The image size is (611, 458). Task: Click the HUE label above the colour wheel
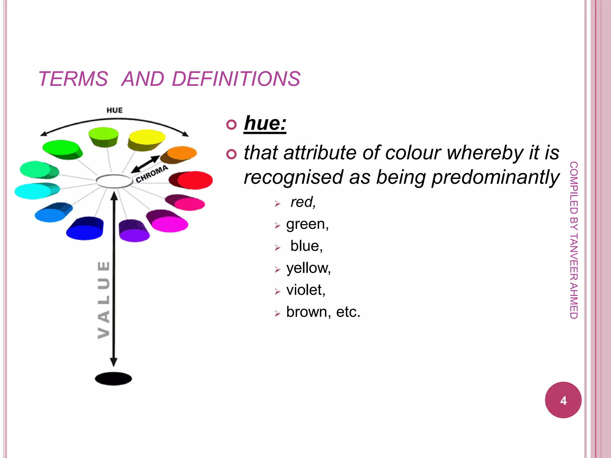(x=115, y=110)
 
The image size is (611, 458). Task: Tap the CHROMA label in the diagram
(x=152, y=174)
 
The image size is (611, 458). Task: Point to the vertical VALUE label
(x=104, y=300)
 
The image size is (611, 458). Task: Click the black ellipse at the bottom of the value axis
(x=113, y=379)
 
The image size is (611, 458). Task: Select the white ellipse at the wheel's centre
(x=114, y=181)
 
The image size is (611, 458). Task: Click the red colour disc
(x=195, y=180)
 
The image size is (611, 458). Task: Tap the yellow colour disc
(x=146, y=137)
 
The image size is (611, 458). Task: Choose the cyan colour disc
(x=33, y=191)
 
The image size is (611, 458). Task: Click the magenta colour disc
(x=170, y=224)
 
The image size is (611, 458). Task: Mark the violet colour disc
(x=134, y=234)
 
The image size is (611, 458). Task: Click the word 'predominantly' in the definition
(x=496, y=177)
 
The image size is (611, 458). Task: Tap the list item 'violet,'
(x=305, y=290)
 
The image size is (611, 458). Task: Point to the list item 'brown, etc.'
(x=323, y=312)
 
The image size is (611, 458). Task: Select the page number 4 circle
(x=563, y=400)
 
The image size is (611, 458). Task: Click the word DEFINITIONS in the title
(x=236, y=79)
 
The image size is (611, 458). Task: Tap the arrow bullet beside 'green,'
(x=277, y=225)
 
